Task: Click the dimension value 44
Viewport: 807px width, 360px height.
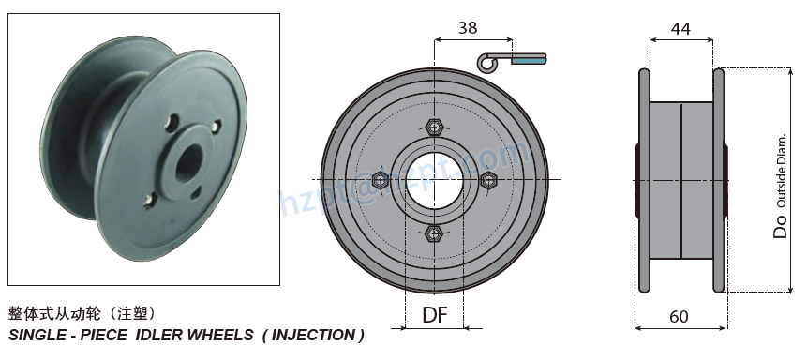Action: click(680, 29)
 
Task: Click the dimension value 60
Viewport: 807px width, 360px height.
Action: click(679, 316)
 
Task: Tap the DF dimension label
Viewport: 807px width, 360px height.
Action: click(435, 315)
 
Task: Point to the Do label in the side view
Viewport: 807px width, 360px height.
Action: click(780, 226)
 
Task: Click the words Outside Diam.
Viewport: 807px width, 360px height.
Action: click(781, 172)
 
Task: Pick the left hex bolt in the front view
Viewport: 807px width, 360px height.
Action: click(381, 179)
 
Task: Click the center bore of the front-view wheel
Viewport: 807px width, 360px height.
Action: click(433, 179)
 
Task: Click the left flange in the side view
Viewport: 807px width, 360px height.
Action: click(643, 181)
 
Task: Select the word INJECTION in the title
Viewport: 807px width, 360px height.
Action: click(311, 335)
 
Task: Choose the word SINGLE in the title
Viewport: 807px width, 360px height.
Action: click(37, 335)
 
